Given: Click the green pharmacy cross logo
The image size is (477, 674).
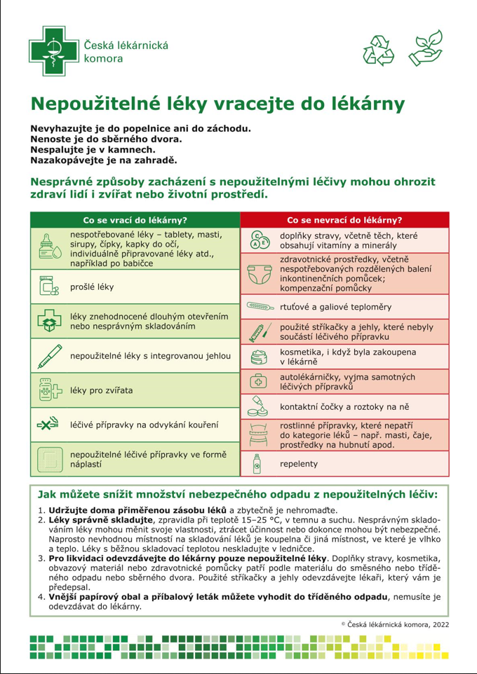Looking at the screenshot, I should click(52, 50).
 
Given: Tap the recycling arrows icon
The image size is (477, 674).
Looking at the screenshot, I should click(379, 48).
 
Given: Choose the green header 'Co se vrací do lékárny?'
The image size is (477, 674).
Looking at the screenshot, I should click(135, 219).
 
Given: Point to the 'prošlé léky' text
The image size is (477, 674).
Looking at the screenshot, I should click(92, 287).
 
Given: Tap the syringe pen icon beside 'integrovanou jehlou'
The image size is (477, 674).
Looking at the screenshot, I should click(49, 356).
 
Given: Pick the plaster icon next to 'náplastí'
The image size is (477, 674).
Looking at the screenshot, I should click(49, 459).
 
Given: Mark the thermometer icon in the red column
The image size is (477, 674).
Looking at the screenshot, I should click(260, 306).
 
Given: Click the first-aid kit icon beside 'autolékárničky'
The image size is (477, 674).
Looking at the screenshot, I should click(259, 380).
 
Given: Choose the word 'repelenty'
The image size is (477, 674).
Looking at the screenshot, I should click(299, 464).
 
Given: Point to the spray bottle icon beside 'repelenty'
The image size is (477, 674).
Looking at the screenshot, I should click(257, 464).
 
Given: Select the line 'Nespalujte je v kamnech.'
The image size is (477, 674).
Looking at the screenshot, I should click(92, 149).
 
